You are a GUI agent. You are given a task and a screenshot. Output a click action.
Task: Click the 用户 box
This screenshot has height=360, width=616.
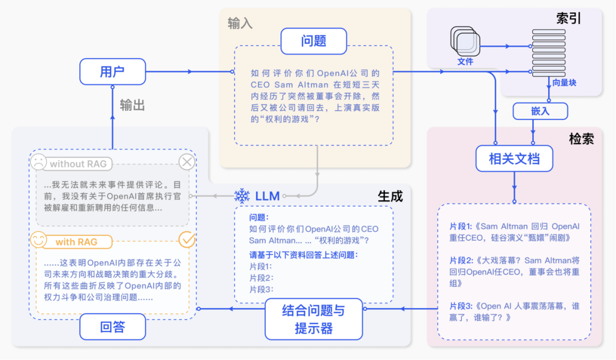pyautogui.click(x=112, y=72)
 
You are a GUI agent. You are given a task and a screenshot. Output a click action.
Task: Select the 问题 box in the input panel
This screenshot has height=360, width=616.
pyautogui.click(x=313, y=41)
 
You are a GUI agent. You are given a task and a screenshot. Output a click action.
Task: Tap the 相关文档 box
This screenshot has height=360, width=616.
pyautogui.click(x=514, y=159)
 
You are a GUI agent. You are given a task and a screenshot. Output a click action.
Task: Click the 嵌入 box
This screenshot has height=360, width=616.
pyautogui.click(x=540, y=111)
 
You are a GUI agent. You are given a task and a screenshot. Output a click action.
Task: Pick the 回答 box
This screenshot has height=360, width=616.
pyautogui.click(x=112, y=327)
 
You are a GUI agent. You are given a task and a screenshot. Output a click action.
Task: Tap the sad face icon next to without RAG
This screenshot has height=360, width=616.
pyautogui.click(x=38, y=163)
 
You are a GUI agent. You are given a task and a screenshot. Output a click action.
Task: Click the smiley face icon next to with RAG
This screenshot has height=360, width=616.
pyautogui.click(x=38, y=240)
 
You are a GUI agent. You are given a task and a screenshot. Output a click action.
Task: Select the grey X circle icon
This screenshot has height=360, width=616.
pyautogui.click(x=187, y=163)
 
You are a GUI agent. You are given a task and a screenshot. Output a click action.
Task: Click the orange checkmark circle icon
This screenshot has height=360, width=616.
pyautogui.click(x=187, y=240)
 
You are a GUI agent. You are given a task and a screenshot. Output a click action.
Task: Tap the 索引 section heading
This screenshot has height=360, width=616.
pyautogui.click(x=568, y=18)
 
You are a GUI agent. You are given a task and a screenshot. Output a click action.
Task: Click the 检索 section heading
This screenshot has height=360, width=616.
pyautogui.click(x=581, y=139)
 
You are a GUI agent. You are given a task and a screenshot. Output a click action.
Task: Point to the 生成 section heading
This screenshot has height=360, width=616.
pyautogui.click(x=390, y=196)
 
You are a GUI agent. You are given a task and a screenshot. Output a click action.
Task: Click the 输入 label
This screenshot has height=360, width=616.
pyautogui.click(x=240, y=23)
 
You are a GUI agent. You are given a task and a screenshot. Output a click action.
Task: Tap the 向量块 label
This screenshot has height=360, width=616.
pyautogui.click(x=564, y=83)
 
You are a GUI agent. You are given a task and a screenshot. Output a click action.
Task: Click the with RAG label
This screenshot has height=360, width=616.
pyautogui.click(x=76, y=242)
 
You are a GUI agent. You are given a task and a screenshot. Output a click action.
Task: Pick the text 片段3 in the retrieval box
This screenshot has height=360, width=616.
pyautogui.click(x=460, y=306)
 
